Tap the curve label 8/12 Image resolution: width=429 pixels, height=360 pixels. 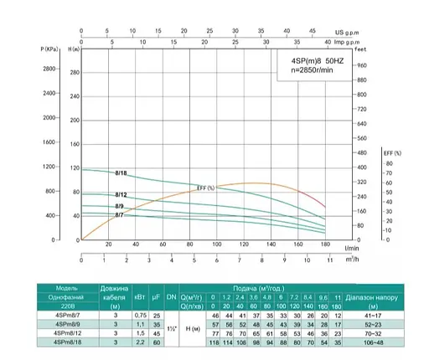(121, 194)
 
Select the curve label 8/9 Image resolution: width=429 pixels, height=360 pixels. (121, 206)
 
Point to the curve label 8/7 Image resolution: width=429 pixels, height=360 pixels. (121, 215)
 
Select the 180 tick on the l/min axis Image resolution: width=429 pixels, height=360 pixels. (324, 244)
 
